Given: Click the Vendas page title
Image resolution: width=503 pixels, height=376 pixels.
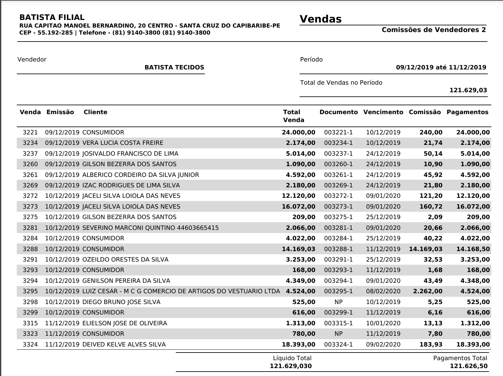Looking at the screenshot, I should coord(321,19).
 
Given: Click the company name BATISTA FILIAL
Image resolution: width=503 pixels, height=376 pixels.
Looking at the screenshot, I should coord(52,17).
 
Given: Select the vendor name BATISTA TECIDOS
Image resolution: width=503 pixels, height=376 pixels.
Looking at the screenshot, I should coord(174,67).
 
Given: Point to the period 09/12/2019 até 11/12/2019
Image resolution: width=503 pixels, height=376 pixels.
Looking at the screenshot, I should coord(441,67).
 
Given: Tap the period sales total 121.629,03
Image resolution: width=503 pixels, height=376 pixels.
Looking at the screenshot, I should coord(468,90).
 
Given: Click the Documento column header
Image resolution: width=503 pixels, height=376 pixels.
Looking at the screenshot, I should coord(339,112).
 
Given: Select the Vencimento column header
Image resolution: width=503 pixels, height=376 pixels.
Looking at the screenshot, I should coord(383,112).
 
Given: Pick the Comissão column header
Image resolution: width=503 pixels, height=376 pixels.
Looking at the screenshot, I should coord(425,112).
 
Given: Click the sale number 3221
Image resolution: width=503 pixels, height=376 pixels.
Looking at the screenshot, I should coord(30,132).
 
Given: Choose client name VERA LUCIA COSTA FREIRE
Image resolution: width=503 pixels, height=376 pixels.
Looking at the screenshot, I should coord(123,143).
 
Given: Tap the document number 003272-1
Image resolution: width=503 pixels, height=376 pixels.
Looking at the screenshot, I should coord(338,196).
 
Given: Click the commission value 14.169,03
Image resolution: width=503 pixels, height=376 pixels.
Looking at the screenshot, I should coord(425,249).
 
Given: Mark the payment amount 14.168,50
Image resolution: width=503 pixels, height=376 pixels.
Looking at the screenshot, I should coord(473,249).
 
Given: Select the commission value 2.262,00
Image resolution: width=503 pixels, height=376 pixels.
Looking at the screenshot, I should coord(428,291).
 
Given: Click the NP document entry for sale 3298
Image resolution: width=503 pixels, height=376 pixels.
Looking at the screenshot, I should coord(339,302).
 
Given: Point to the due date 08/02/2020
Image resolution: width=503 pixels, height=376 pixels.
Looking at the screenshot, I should coord(383,291).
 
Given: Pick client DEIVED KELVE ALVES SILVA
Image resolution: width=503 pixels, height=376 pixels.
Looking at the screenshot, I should coord(124,344).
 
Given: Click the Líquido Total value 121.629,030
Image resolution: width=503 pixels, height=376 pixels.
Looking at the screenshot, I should coord(290,366).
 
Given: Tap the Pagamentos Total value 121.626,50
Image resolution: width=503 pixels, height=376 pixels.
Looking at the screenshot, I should coord(468,366).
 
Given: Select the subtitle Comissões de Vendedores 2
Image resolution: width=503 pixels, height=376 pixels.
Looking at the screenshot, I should coord(434,30).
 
